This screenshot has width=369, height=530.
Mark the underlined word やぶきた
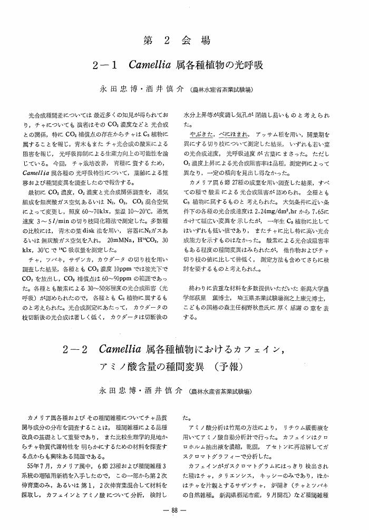point(201,135)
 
